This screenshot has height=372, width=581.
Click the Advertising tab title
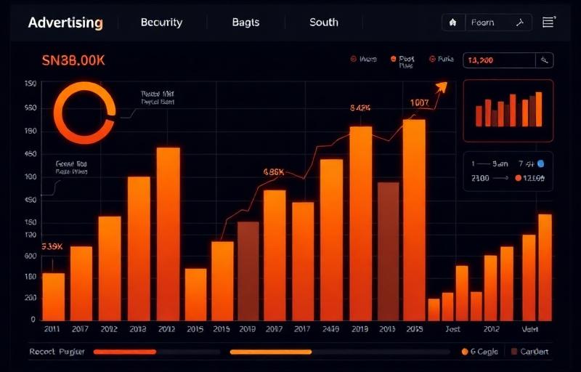click(x=65, y=23)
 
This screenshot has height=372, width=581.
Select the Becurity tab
click(x=161, y=23)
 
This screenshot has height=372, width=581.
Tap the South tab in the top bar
click(x=323, y=23)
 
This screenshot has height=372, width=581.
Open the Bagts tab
click(x=245, y=23)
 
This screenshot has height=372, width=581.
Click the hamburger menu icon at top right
click(x=548, y=23)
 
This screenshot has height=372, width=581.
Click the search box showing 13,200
click(x=501, y=60)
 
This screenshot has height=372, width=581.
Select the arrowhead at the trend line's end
click(x=440, y=86)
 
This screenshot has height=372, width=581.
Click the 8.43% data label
click(x=360, y=108)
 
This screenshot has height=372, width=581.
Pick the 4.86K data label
click(x=273, y=173)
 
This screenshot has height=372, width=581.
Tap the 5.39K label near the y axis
click(x=52, y=247)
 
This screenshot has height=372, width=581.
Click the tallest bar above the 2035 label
click(x=413, y=218)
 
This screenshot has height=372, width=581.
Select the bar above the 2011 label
click(x=53, y=296)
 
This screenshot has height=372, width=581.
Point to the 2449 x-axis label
click(x=330, y=329)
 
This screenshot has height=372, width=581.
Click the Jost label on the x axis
click(x=452, y=329)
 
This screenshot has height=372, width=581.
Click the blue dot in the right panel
click(x=540, y=163)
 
